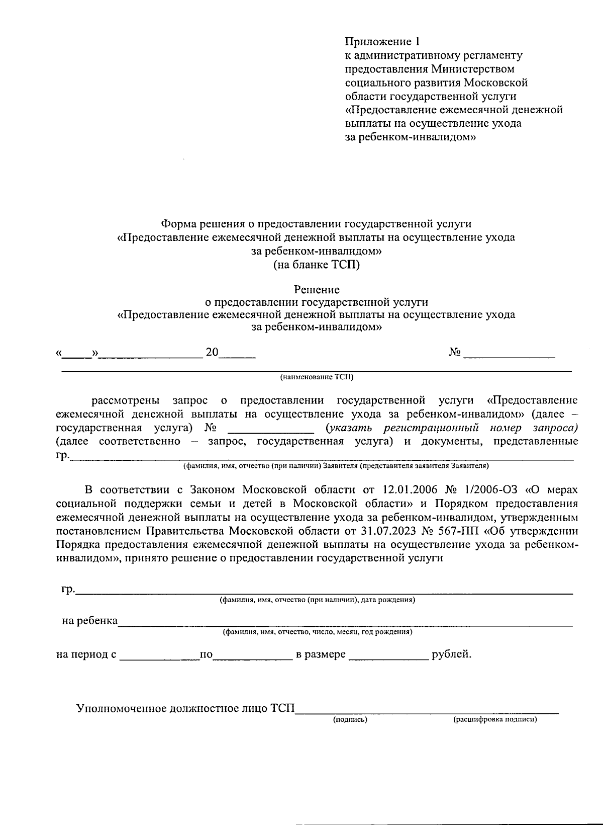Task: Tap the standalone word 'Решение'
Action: pyautogui.click(x=317, y=289)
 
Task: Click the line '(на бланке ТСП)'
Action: pyautogui.click(x=317, y=264)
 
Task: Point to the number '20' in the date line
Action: pyautogui.click(x=212, y=352)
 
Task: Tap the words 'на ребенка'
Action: pyautogui.click(x=89, y=621)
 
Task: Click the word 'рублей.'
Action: pyautogui.click(x=451, y=654)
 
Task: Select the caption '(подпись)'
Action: pyautogui.click(x=350, y=720)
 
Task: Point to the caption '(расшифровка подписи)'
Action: pyautogui.click(x=495, y=720)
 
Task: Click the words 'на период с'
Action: pyautogui.click(x=86, y=654)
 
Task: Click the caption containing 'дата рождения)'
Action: pyautogui.click(x=317, y=600)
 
